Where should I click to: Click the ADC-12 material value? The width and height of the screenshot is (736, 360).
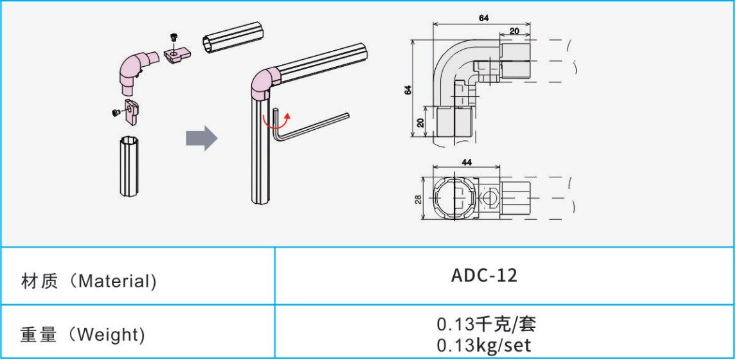(484, 276)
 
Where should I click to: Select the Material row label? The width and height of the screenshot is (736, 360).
(89, 281)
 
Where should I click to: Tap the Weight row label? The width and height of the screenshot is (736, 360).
(83, 335)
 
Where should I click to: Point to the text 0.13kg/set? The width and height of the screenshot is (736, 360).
(484, 345)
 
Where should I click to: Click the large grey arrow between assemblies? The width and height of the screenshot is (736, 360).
(202, 138)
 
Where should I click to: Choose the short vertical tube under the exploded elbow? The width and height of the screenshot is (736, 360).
(129, 165)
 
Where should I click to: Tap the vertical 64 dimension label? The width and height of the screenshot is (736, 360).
(408, 89)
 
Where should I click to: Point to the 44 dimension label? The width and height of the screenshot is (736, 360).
(467, 162)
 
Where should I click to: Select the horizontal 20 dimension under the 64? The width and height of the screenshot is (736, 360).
(514, 31)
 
